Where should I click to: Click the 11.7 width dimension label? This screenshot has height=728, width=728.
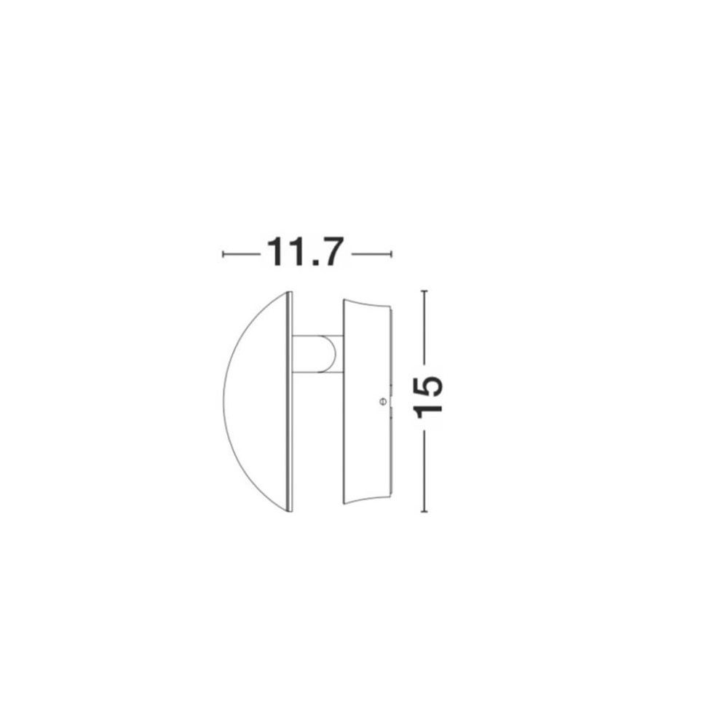(x=305, y=252)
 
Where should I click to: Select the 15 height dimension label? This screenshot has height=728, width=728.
(x=428, y=397)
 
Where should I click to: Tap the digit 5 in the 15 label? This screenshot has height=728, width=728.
(x=428, y=387)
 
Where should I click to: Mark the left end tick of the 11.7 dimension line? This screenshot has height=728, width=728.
(x=223, y=254)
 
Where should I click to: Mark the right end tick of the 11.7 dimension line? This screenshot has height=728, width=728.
(x=392, y=254)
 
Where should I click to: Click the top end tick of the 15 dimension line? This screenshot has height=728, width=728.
(x=424, y=291)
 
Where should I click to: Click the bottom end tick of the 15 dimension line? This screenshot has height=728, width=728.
(x=424, y=512)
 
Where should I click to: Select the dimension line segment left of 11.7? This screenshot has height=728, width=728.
(x=242, y=254)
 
